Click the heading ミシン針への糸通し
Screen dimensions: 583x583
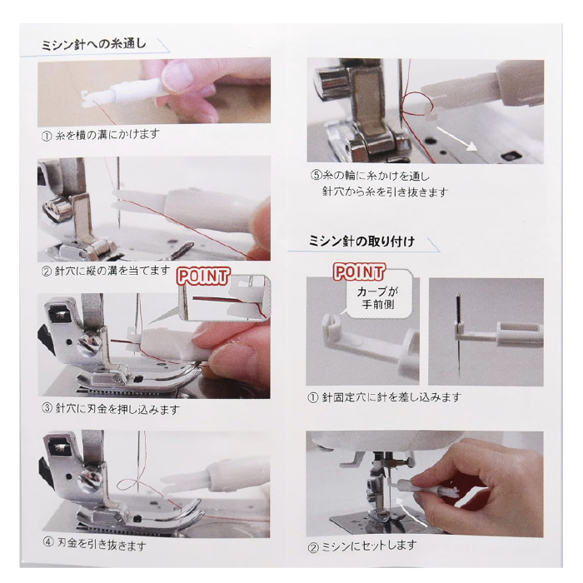point(93,44)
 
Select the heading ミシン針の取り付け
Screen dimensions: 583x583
point(361,242)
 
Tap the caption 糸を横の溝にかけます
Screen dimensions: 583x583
point(107,135)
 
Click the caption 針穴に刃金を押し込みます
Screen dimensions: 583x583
point(117,409)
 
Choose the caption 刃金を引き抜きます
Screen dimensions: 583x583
point(101,545)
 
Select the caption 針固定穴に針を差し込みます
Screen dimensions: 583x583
point(391,397)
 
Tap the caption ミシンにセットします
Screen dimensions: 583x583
point(369,546)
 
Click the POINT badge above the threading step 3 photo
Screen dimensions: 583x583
point(203,277)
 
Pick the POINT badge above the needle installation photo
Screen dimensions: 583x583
point(359,272)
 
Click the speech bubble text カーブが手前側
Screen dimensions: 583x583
point(378,298)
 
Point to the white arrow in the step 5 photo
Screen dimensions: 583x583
point(456,138)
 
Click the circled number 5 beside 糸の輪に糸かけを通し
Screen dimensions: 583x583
point(316,175)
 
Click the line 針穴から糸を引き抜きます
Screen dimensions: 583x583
point(385,192)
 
